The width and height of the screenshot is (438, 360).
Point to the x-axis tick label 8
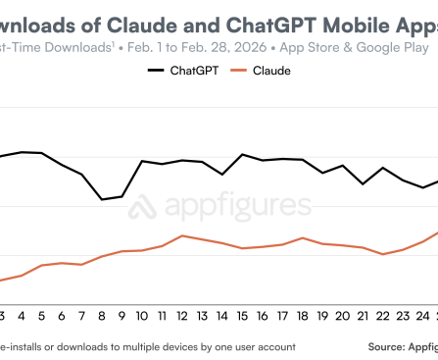pos(102,316)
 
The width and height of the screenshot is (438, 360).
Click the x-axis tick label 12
pos(181,316)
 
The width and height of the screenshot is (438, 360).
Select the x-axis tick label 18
pos(303,316)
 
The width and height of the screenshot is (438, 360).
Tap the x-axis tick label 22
pos(383,316)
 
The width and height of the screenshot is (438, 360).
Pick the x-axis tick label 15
pos(242,316)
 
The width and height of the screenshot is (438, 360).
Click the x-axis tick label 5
pos(41,316)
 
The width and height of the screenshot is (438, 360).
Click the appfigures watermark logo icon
pos(145,207)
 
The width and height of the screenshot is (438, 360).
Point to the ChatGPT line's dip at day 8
pos(102,199)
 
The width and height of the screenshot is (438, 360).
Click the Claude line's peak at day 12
pos(181,235)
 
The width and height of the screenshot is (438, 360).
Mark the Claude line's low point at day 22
pos(383,254)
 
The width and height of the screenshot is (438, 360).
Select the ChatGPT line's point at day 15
pos(242,154)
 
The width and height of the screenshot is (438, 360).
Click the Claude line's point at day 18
pos(303,237)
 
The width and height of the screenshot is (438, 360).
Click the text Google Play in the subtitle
pos(392,45)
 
